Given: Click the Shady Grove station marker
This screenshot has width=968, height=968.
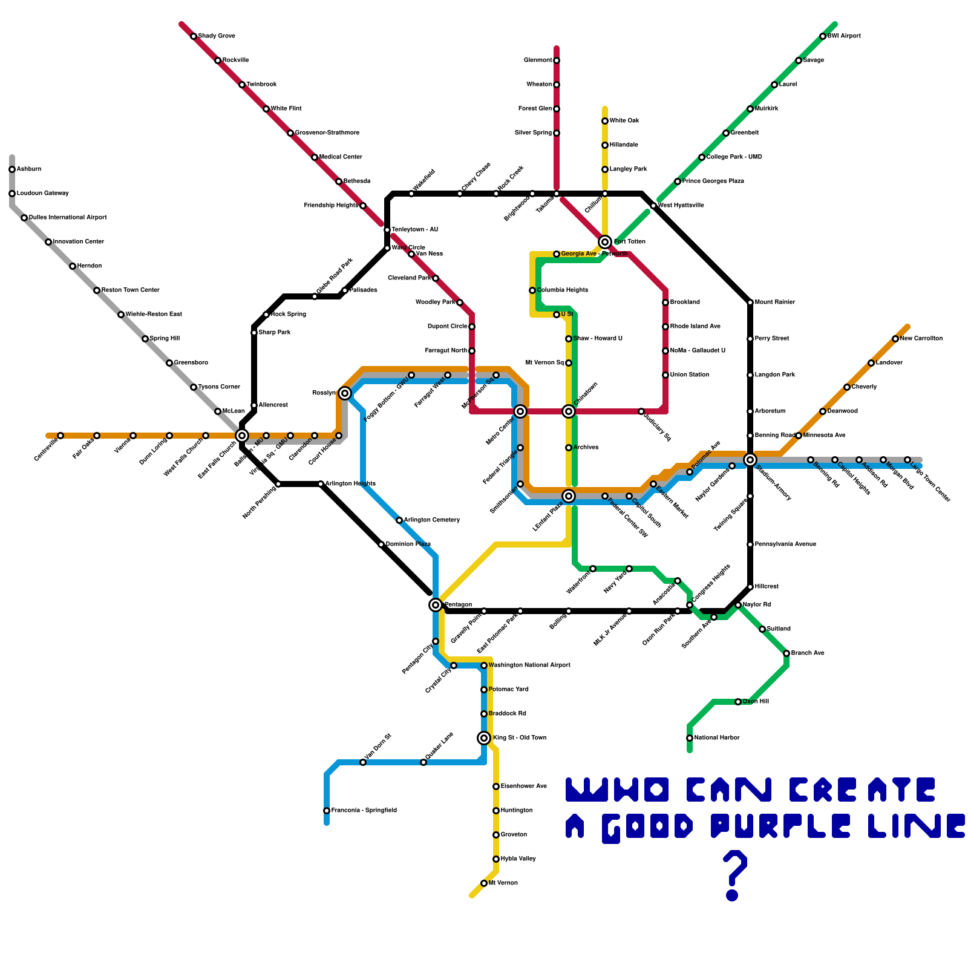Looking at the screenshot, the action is [x=194, y=36].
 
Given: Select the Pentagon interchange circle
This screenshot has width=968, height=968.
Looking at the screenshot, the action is [x=436, y=605].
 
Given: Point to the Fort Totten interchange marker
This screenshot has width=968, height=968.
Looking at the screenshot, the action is [x=605, y=242].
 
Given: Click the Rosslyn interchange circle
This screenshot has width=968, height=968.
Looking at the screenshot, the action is [x=345, y=393].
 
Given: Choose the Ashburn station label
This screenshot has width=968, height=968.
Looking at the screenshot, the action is [x=29, y=169].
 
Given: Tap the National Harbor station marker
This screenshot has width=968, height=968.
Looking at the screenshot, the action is [x=690, y=738].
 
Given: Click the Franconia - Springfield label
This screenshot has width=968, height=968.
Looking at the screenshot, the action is [x=364, y=811].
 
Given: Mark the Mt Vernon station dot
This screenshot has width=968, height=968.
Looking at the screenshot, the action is [x=484, y=883].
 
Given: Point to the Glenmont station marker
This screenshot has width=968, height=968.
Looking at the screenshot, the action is [x=557, y=60].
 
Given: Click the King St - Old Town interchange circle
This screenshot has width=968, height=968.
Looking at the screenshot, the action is [x=484, y=738].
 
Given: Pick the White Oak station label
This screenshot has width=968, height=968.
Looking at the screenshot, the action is [x=624, y=121].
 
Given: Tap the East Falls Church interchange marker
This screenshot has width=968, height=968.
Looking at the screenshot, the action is [x=242, y=436].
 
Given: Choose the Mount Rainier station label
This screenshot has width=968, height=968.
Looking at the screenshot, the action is [x=775, y=302].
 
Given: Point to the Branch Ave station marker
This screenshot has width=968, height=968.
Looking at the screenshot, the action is [x=786, y=653].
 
